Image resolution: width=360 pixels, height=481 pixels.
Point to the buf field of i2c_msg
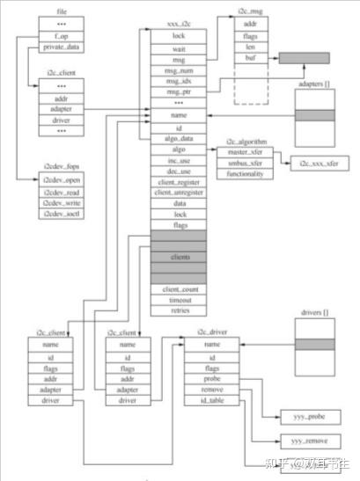point(251,58)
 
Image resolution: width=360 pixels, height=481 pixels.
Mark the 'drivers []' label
point(314,314)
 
